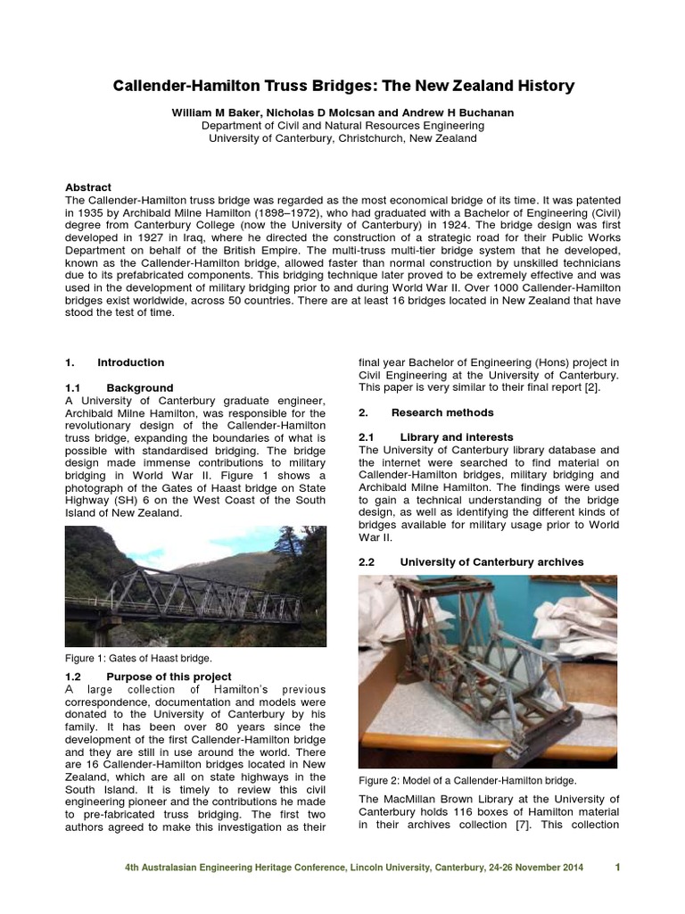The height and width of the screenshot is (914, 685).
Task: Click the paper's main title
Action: [343, 87]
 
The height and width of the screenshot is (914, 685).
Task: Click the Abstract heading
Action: [88, 187]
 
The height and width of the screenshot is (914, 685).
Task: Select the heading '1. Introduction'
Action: [115, 362]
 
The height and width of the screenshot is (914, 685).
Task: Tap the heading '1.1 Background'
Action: [120, 388]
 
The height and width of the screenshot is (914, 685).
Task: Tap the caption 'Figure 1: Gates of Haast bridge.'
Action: [139, 658]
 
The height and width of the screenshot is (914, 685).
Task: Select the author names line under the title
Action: [342, 113]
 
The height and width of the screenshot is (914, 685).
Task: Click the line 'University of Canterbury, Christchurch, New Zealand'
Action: [342, 138]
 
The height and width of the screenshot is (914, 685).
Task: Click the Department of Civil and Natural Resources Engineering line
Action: [342, 126]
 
